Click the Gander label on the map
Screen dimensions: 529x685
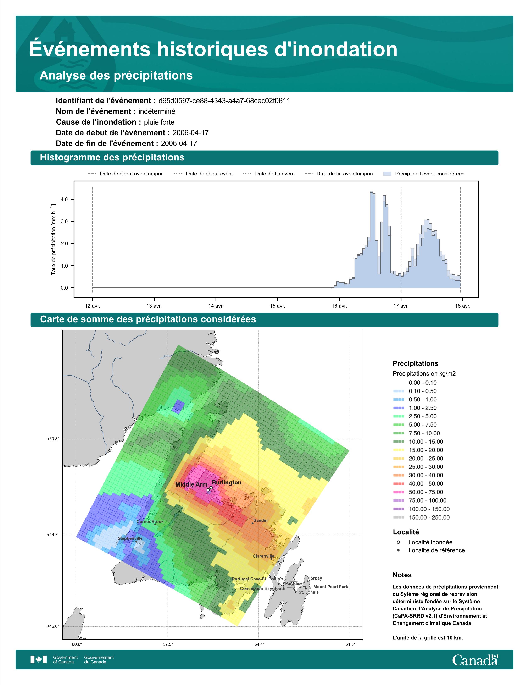coord(260,520)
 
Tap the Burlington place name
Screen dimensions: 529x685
coord(227,482)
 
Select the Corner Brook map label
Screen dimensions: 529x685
coord(150,522)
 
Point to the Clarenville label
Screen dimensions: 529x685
coord(263,556)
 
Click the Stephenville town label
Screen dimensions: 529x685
coord(130,538)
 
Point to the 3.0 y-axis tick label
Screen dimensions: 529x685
coord(64,221)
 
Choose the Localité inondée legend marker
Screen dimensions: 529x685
coord(398,542)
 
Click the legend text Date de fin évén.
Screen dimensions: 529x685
coord(274,174)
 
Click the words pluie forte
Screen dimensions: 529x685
coord(159,122)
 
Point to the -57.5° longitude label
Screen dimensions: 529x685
coord(167,644)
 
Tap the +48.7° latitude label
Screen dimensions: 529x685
coord(53,535)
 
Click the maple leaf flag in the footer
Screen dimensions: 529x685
coord(39,660)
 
